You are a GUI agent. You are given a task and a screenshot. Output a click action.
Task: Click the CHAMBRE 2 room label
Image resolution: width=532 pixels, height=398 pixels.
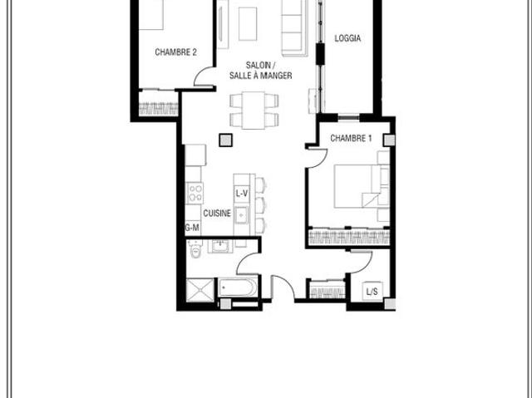click(x=175, y=52)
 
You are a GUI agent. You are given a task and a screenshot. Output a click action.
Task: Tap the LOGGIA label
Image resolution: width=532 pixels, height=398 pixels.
click(x=347, y=38)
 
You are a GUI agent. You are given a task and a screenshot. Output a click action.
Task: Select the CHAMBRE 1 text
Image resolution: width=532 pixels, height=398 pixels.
click(x=351, y=138)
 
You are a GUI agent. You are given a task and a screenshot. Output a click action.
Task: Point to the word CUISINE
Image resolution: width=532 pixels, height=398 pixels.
click(x=217, y=213)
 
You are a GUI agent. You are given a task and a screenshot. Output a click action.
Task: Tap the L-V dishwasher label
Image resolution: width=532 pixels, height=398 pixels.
click(x=242, y=194)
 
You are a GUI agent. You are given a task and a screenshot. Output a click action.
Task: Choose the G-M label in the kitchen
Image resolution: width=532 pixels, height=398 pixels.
click(x=192, y=227)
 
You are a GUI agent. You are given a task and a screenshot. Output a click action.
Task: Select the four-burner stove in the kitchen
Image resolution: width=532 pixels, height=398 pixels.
click(x=195, y=193)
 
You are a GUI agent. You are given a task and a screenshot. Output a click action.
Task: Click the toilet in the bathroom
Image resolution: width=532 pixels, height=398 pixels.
click(x=195, y=248)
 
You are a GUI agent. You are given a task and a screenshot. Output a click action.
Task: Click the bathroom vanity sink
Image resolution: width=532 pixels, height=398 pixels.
click(x=222, y=245)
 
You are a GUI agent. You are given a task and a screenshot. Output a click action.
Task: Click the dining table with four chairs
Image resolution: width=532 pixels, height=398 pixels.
click(x=254, y=109)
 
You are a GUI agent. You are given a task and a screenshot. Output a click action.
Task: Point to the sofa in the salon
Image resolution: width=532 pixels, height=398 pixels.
click(x=293, y=25)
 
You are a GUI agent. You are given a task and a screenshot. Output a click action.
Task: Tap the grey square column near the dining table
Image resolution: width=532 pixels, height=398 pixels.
click(x=224, y=140)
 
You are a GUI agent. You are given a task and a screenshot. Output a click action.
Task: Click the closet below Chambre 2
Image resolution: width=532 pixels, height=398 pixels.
click(x=159, y=106)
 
